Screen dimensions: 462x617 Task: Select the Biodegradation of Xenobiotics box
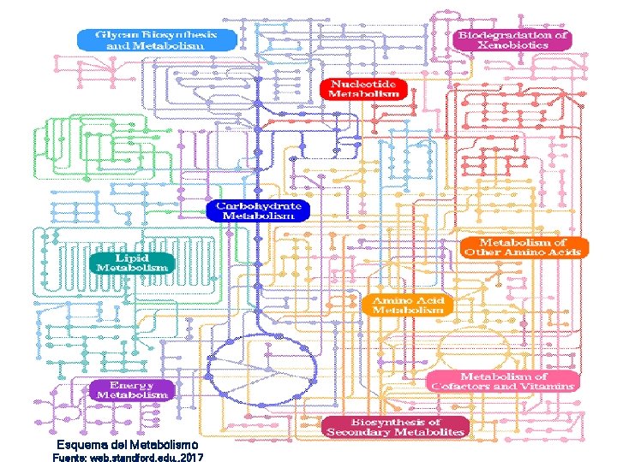tap(512, 39)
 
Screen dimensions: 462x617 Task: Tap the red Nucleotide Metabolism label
tap(363, 89)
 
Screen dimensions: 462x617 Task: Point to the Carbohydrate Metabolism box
tap(258, 211)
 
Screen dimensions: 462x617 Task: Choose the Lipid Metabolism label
tap(132, 262)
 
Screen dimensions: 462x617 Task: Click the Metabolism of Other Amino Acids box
tap(524, 247)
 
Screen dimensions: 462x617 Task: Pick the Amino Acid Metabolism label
tap(408, 305)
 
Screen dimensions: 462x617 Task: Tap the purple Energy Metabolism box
tap(132, 390)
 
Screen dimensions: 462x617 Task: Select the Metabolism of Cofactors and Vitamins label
tap(502, 382)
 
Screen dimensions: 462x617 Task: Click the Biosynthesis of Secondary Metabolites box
tap(395, 427)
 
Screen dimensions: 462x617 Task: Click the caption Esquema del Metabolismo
tap(127, 446)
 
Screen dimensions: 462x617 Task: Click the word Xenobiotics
tap(514, 44)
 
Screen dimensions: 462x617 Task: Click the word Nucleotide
tap(363, 84)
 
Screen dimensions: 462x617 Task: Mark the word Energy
tap(132, 385)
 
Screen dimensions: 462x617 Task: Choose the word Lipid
tap(132, 257)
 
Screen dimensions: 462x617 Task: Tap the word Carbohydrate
tap(258, 206)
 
